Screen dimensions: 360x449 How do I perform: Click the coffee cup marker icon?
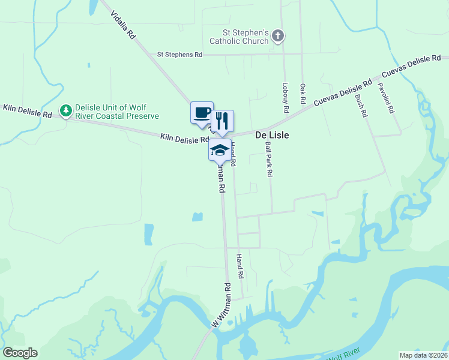(x=202, y=112)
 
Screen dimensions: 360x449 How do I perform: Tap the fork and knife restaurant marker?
(x=221, y=121)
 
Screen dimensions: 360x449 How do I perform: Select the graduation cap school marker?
(x=220, y=149)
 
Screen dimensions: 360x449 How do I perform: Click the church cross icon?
(x=277, y=36)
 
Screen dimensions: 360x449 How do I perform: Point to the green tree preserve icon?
(x=65, y=110)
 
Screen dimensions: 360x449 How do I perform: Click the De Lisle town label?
(x=273, y=136)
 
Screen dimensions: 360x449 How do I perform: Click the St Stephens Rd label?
(x=179, y=55)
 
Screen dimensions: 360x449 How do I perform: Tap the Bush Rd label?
(x=361, y=104)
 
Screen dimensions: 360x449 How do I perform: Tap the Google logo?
(x=20, y=353)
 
